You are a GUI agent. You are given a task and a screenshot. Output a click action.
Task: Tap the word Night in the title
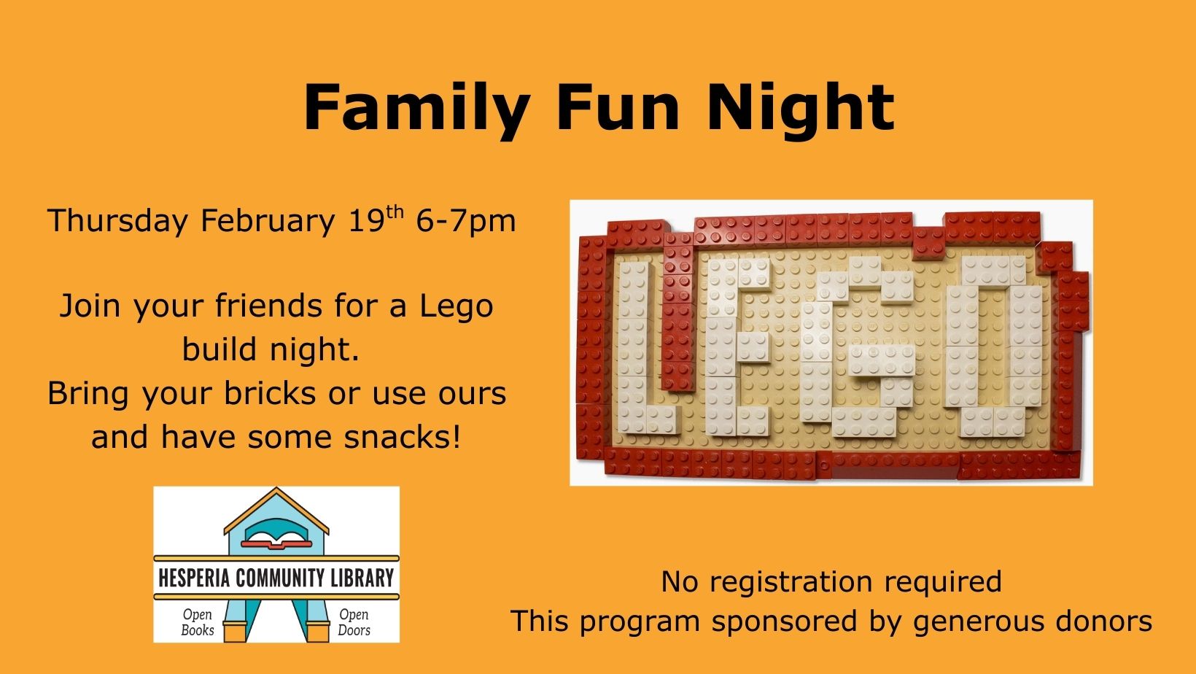[801, 109]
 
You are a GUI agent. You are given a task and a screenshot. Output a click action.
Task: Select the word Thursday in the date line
[118, 221]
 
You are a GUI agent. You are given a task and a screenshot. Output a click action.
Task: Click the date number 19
[366, 220]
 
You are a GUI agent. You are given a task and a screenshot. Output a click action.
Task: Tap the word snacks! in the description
[402, 437]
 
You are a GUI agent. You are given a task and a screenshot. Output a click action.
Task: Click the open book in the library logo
[276, 540]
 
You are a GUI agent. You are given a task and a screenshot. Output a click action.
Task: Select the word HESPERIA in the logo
[194, 578]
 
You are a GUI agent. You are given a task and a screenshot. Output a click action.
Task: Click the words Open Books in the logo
[198, 622]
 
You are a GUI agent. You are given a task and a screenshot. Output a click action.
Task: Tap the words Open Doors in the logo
[354, 622]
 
